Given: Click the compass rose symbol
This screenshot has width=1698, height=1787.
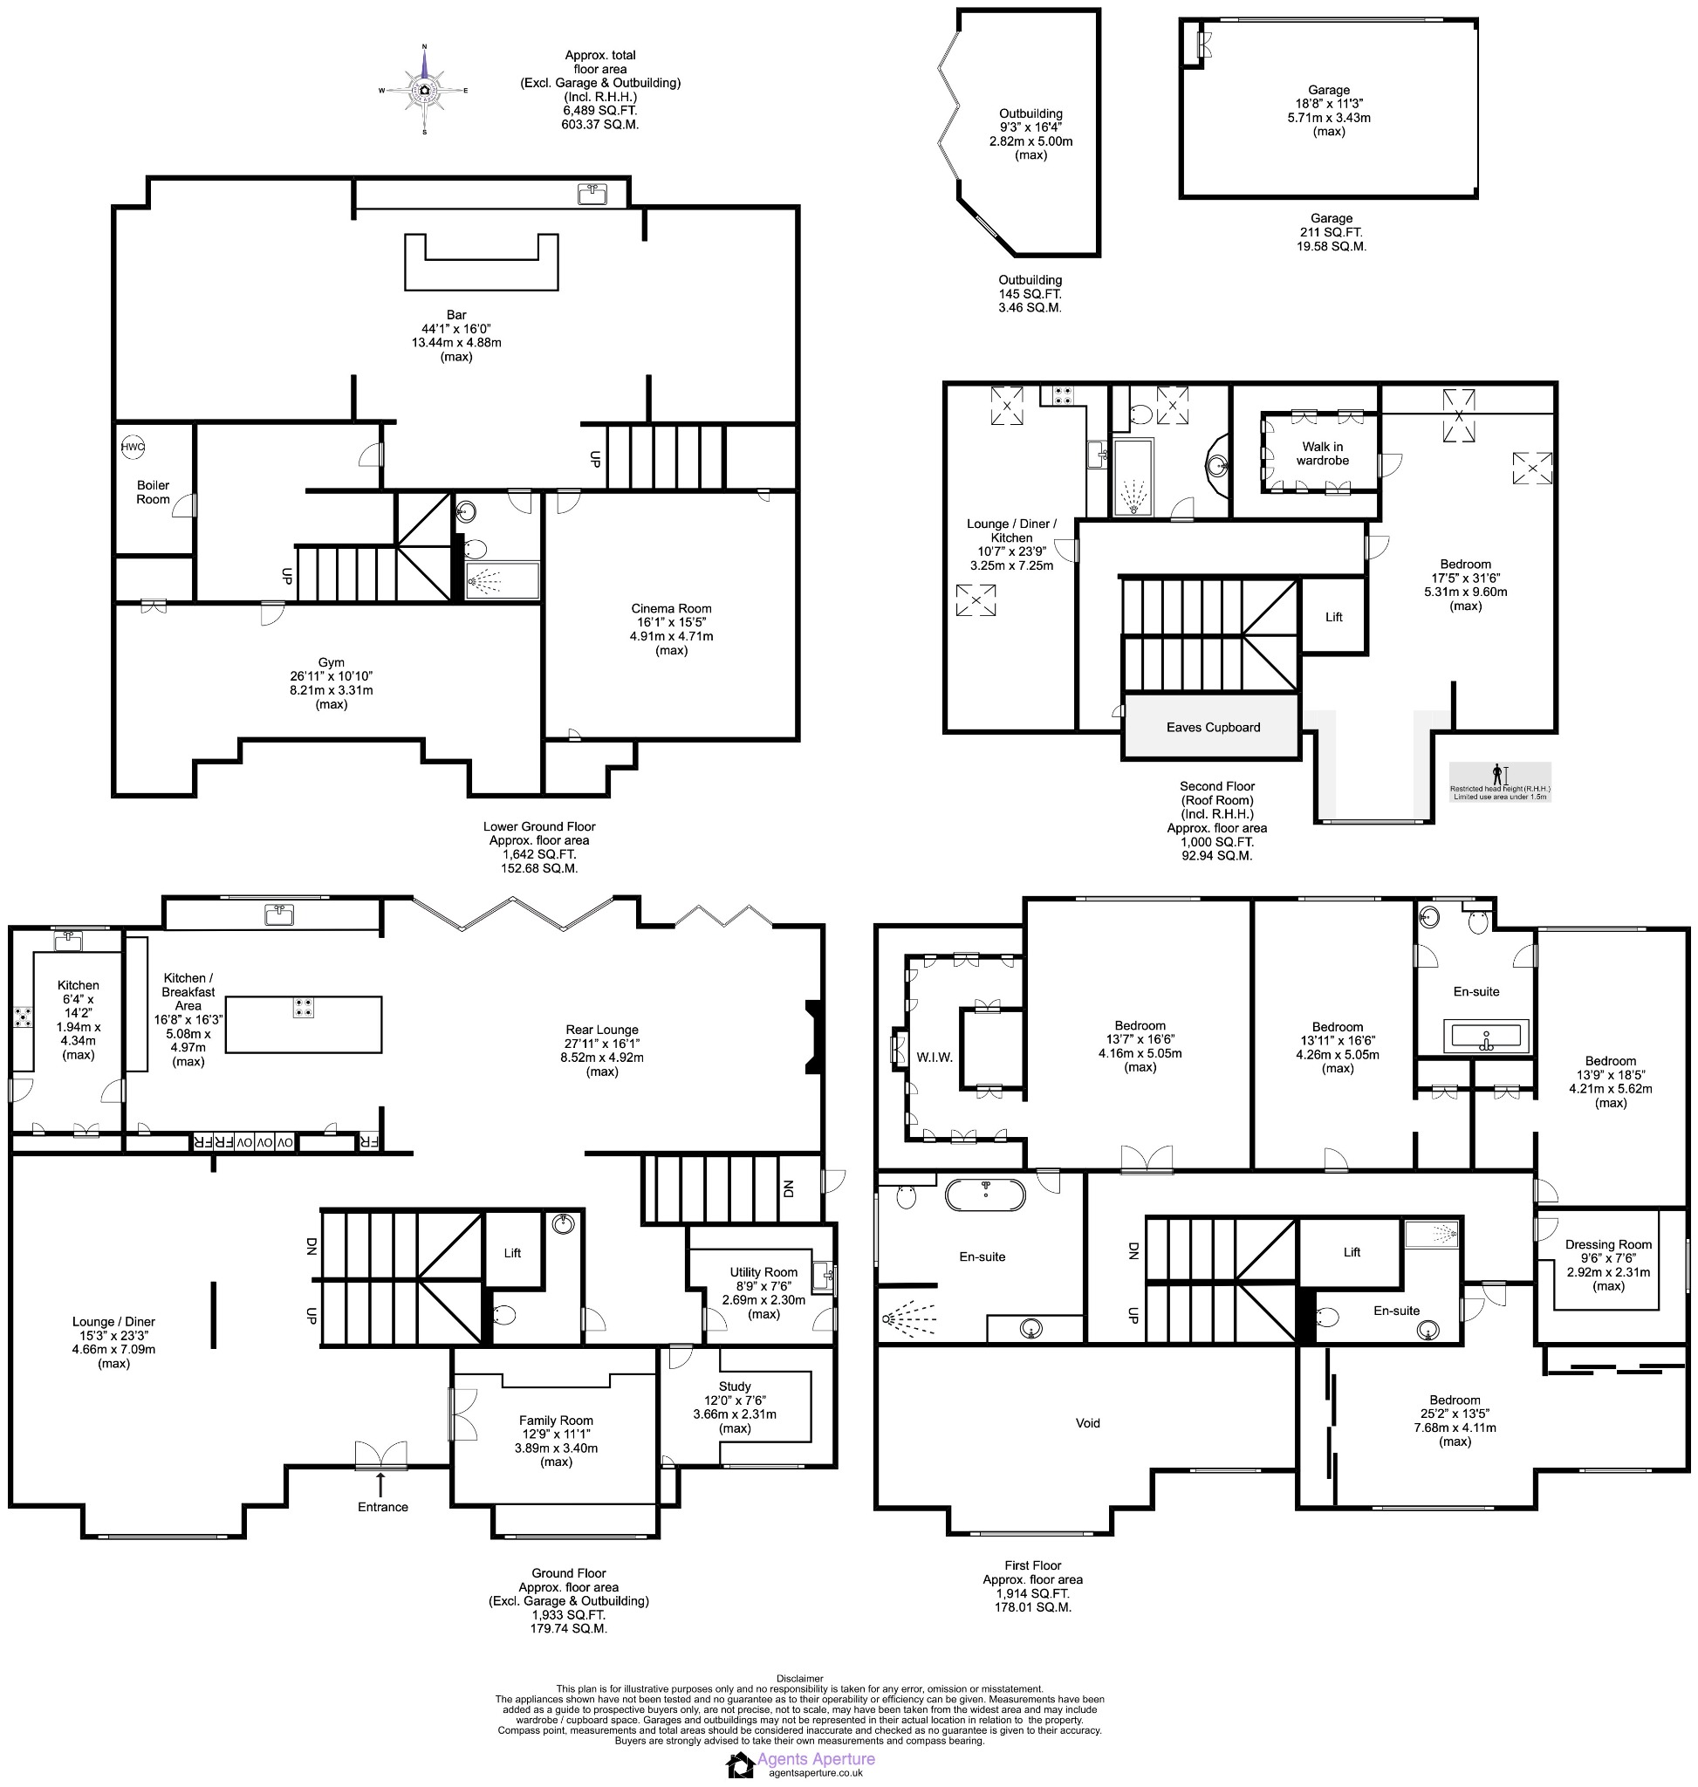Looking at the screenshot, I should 423,91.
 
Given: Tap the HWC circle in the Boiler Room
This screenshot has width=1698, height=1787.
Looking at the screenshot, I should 132,446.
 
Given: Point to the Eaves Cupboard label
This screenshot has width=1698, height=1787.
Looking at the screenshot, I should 1212,727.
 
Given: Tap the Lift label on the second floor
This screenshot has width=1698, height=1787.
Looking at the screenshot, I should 1333,617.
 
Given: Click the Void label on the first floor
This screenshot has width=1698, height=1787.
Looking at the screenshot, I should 1087,1423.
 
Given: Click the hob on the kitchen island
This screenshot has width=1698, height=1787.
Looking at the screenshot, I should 304,1008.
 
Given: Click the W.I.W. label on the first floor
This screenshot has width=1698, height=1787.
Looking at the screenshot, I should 935,1058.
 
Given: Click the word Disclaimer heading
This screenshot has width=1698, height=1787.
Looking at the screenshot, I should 799,1679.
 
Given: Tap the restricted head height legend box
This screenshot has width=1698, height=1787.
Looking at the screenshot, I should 1499,781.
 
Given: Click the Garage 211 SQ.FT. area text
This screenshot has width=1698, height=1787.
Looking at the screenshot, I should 1331,232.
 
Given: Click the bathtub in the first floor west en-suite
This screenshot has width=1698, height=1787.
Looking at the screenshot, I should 985,1194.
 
